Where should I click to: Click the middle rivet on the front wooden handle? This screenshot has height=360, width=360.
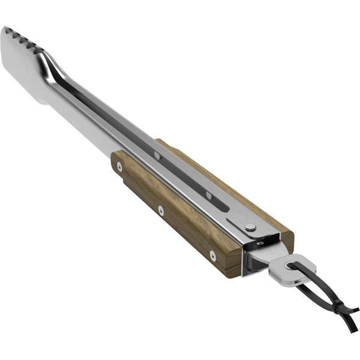161,209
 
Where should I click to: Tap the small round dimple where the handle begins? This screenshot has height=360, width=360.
157,155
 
